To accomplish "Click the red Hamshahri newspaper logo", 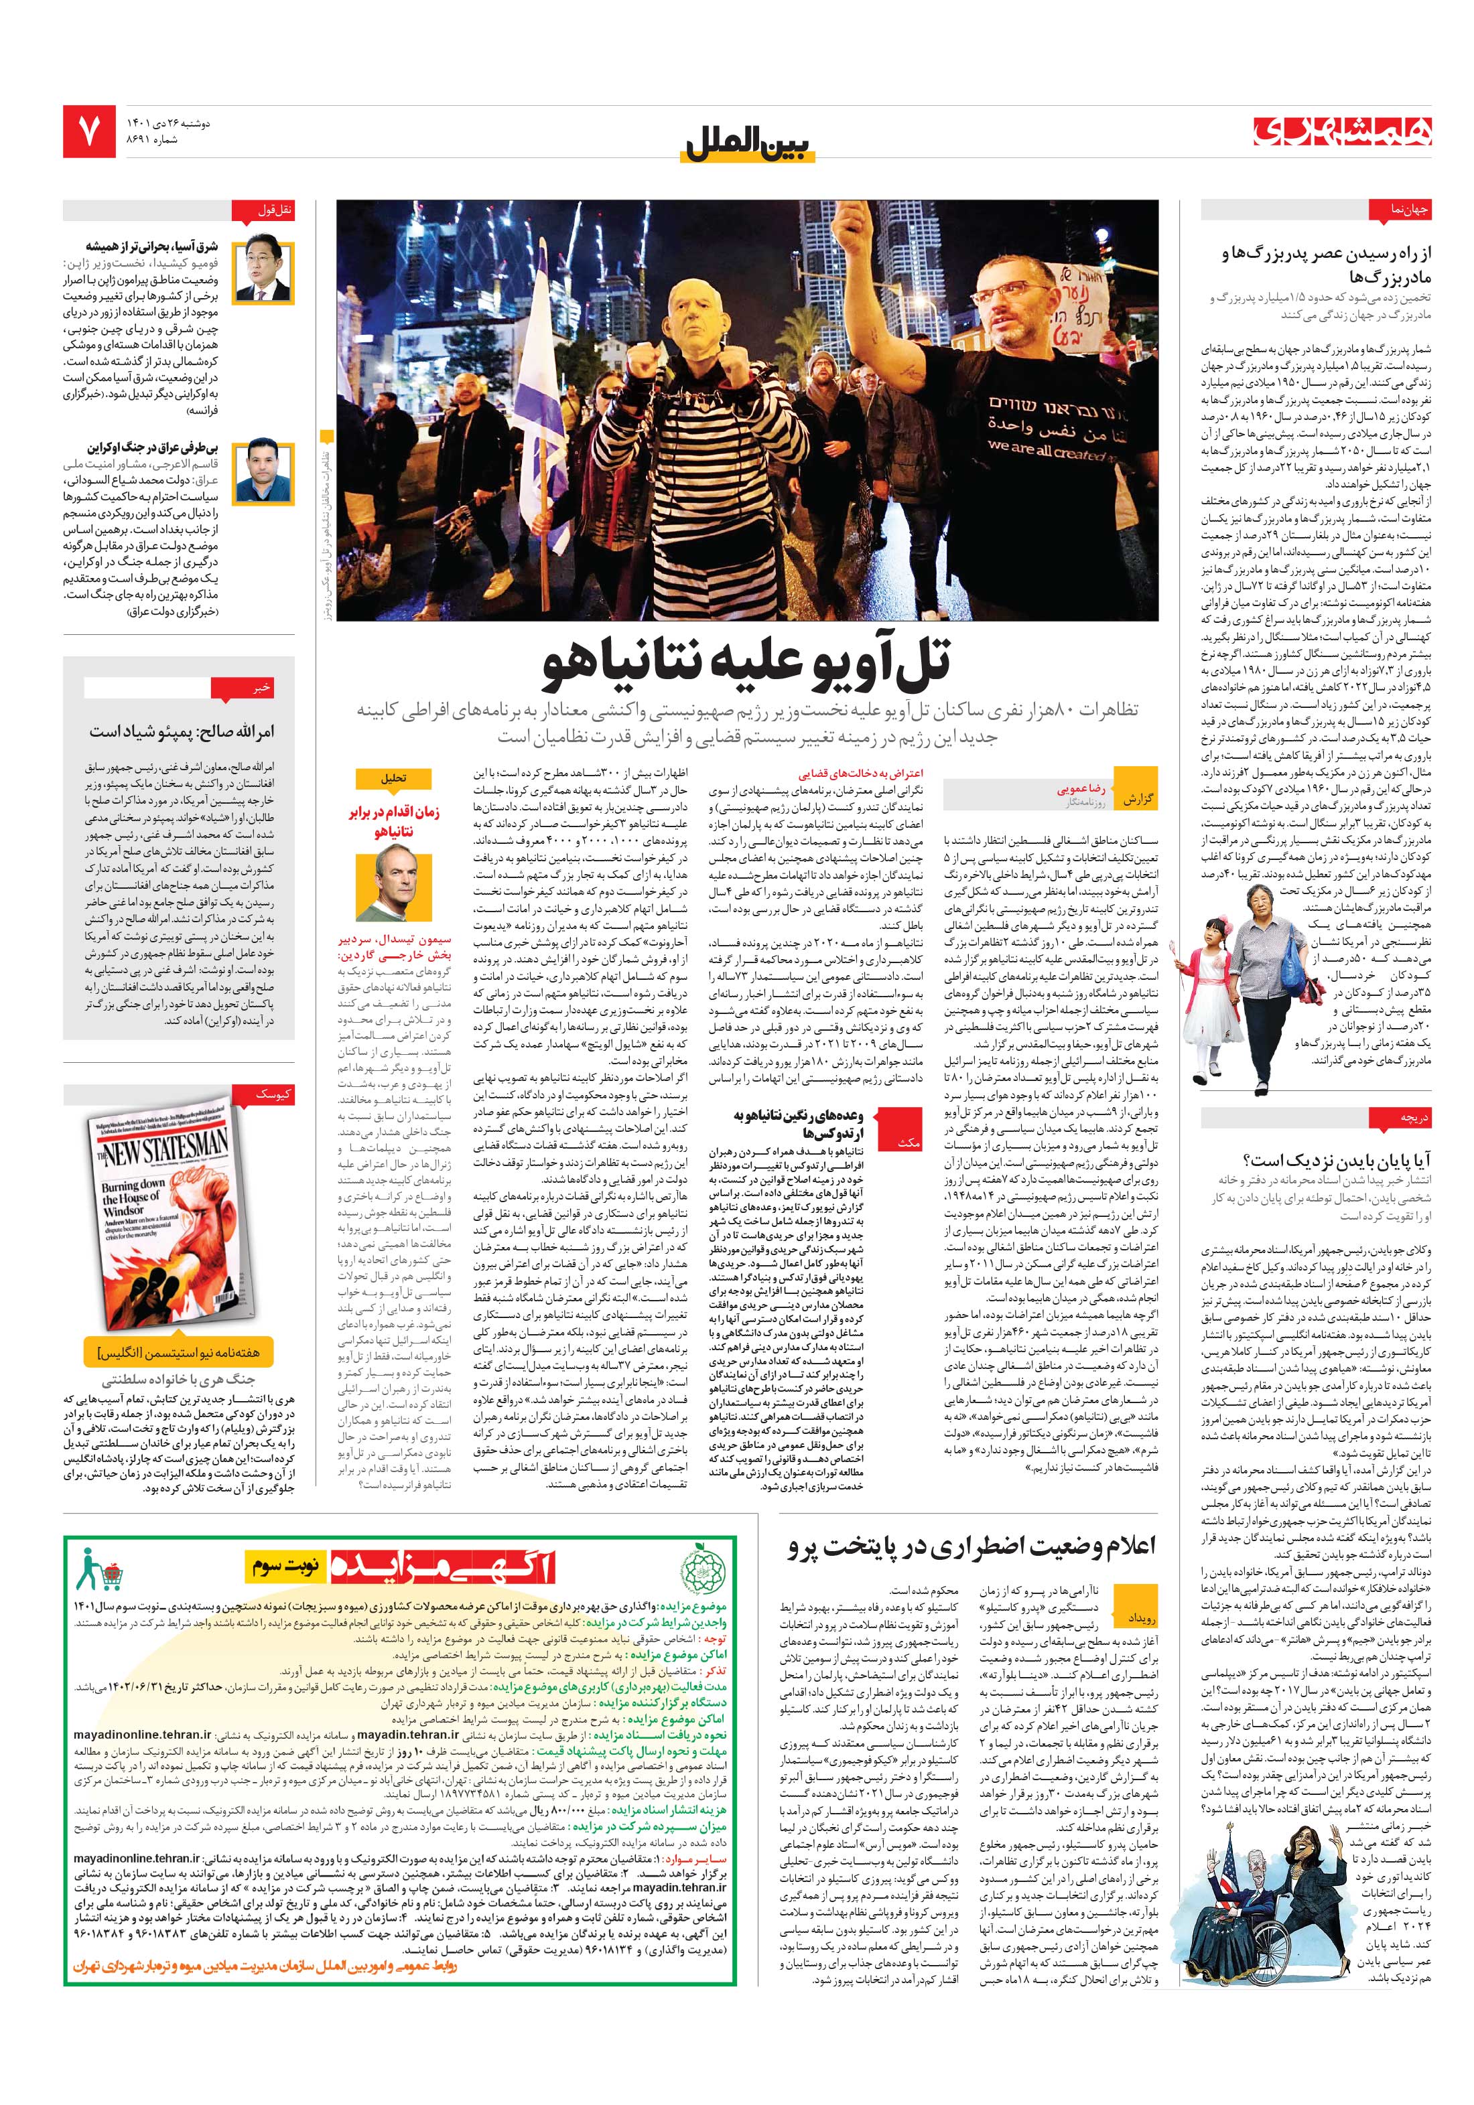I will pos(1341,132).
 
